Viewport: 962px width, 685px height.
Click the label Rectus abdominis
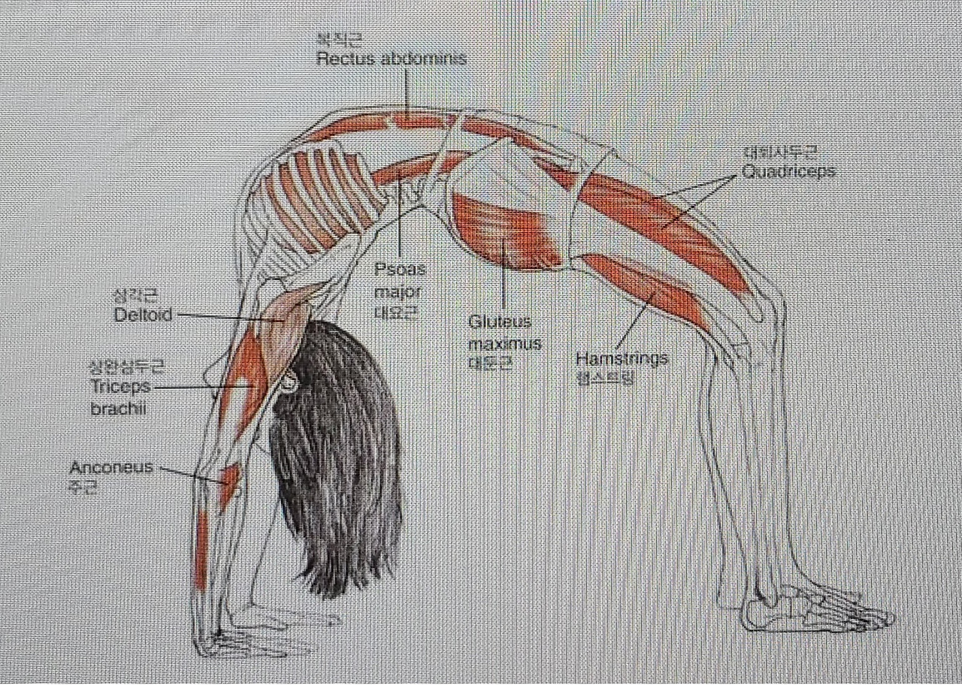391,59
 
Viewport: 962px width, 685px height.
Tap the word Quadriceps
788,171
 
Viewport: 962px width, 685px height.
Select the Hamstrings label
622,358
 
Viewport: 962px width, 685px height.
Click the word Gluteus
499,322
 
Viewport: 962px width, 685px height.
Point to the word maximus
504,344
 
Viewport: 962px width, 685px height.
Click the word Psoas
400,269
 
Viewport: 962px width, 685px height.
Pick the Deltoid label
143,315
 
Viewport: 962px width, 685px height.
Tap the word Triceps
120,387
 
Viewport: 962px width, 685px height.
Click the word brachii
119,409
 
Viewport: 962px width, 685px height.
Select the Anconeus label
111,467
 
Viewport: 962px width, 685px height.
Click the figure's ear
289,383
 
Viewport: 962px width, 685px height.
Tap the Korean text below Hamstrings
604,377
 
